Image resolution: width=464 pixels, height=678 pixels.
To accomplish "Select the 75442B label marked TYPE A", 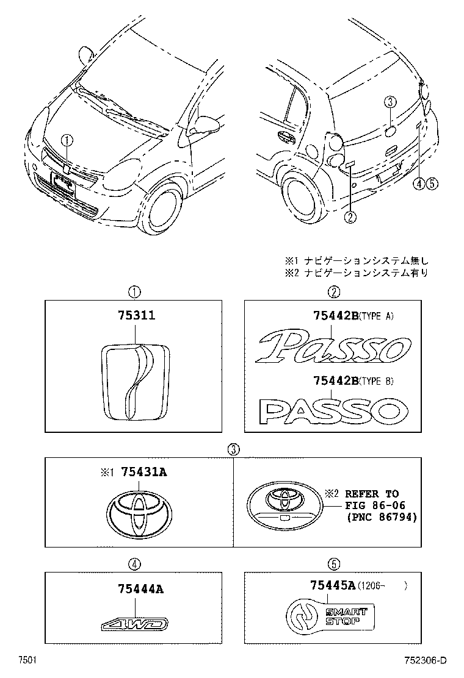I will [x=334, y=316].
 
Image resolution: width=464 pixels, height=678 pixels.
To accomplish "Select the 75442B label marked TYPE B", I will [x=334, y=381].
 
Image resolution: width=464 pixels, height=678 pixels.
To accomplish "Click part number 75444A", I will [x=141, y=589].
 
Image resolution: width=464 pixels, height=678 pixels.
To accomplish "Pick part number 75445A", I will [x=332, y=586].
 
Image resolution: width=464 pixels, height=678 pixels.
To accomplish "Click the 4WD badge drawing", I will [x=134, y=624].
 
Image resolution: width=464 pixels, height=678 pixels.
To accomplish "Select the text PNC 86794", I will [x=381, y=517].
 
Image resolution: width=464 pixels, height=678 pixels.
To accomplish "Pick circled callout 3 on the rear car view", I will [x=391, y=102].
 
